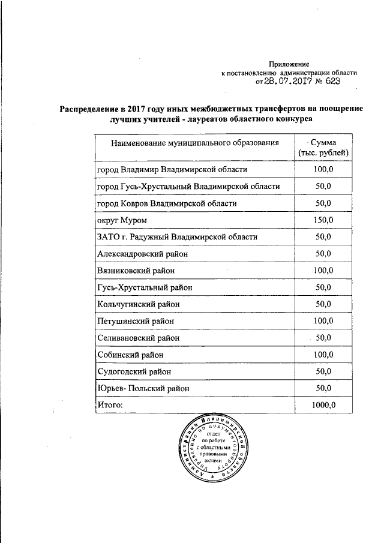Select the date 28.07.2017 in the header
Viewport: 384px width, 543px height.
click(290, 82)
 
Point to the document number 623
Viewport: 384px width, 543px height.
click(336, 82)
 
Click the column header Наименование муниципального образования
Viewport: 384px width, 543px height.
click(195, 143)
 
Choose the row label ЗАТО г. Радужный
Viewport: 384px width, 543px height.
click(177, 237)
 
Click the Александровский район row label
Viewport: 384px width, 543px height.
click(142, 254)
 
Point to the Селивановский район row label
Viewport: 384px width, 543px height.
click(138, 338)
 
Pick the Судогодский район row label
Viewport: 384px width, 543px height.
click(134, 371)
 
